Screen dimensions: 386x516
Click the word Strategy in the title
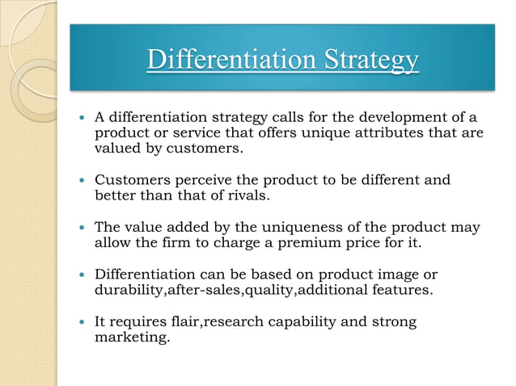point(371,61)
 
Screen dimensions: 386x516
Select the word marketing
point(132,338)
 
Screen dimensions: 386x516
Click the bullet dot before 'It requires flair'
point(82,322)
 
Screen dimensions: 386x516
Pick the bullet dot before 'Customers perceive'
point(82,179)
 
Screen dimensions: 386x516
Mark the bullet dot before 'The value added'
point(82,227)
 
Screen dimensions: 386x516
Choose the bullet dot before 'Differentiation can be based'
point(82,275)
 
